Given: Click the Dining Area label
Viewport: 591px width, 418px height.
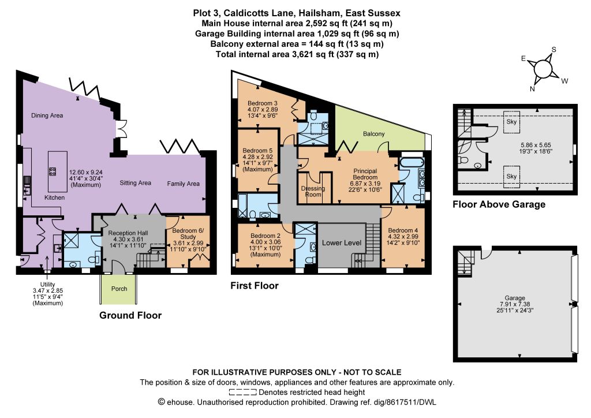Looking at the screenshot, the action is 47,115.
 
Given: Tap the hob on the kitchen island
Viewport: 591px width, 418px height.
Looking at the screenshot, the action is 53,171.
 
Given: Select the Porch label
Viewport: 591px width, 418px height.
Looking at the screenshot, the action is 119,289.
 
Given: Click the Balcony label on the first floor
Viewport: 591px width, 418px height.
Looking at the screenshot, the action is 374,134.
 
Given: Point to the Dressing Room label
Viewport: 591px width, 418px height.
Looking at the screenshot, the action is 313,192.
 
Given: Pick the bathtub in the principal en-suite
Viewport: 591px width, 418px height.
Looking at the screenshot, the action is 412,163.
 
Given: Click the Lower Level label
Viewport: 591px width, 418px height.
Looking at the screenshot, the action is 342,243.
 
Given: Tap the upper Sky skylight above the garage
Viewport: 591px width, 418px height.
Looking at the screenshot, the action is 511,122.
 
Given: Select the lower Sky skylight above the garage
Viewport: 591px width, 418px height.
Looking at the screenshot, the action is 511,177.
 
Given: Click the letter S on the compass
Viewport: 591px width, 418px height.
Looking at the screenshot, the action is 553,50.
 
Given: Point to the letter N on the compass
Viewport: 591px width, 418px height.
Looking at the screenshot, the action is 532,89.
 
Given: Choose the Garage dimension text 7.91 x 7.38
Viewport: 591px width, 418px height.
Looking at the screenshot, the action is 515,304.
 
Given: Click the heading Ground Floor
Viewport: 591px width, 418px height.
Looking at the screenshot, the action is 130,315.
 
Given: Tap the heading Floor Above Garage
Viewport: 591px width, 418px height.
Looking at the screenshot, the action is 499,204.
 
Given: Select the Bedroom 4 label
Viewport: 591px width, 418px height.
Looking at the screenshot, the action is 403,230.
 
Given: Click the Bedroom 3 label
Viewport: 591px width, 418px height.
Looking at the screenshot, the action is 263,103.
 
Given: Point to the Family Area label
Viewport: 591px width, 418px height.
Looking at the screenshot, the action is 183,184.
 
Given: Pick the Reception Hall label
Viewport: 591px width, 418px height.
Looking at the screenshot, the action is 128,233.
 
